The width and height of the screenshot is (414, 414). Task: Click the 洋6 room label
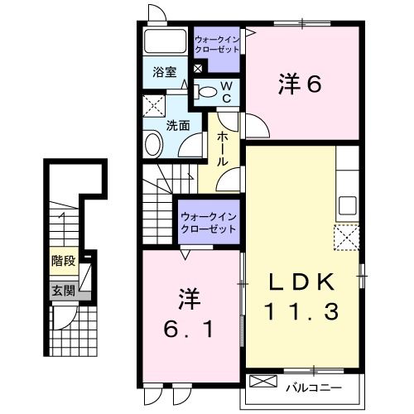[x=299, y=84]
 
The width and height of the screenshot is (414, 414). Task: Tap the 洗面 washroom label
[x=178, y=126]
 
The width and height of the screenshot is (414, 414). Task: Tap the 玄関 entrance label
[x=63, y=290]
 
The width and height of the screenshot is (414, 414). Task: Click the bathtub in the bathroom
[x=166, y=42]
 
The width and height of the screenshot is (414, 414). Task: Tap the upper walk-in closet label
[x=217, y=43]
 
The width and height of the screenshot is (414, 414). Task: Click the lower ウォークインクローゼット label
[x=209, y=221]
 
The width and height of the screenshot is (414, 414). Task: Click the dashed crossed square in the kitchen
[x=346, y=238]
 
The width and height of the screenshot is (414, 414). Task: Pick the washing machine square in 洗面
[x=153, y=105]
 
